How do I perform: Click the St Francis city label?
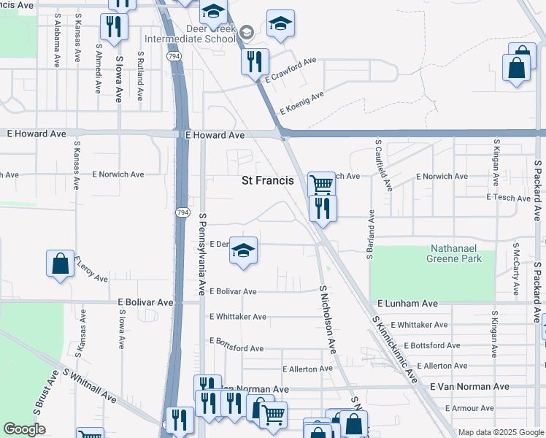[268, 180]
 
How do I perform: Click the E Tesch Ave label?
[508, 198]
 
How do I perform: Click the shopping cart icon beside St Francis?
[321, 185]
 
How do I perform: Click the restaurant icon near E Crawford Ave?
[255, 61]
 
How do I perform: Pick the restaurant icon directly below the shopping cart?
[322, 209]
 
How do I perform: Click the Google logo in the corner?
[24, 429]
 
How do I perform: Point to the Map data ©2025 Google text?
[500, 432]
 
